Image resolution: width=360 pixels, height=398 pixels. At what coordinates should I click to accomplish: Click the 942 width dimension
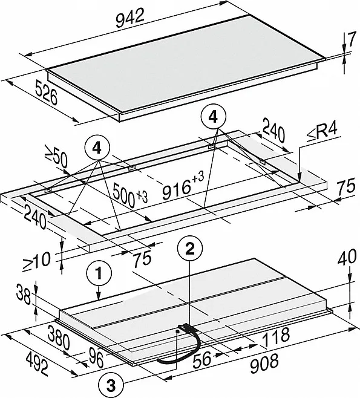tap(130, 18)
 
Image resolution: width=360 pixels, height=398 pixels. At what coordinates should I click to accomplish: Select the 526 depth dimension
tap(46, 93)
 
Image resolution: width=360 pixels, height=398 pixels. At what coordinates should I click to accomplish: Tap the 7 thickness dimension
tap(352, 40)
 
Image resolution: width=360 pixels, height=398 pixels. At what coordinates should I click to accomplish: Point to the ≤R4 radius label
tap(322, 132)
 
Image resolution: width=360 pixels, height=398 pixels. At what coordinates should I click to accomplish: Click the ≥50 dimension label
tap(56, 156)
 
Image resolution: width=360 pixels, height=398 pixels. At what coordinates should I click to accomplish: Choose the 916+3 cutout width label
tap(183, 185)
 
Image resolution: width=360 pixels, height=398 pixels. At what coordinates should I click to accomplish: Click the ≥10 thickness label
tap(36, 262)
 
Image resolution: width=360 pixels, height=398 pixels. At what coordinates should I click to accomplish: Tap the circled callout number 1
tap(99, 273)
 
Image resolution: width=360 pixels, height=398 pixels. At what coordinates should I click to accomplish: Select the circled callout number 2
tap(190, 249)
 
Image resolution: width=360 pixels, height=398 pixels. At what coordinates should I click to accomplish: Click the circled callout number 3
tap(111, 386)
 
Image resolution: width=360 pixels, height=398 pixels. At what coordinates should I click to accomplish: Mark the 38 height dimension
tap(23, 295)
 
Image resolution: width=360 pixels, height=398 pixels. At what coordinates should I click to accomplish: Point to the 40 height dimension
tap(347, 256)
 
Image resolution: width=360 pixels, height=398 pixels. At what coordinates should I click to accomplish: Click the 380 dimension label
tap(59, 337)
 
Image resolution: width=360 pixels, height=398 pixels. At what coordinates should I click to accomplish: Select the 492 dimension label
tap(37, 365)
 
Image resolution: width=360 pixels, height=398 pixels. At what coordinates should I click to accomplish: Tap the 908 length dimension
tap(264, 364)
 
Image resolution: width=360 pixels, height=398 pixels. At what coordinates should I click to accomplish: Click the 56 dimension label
tap(202, 359)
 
